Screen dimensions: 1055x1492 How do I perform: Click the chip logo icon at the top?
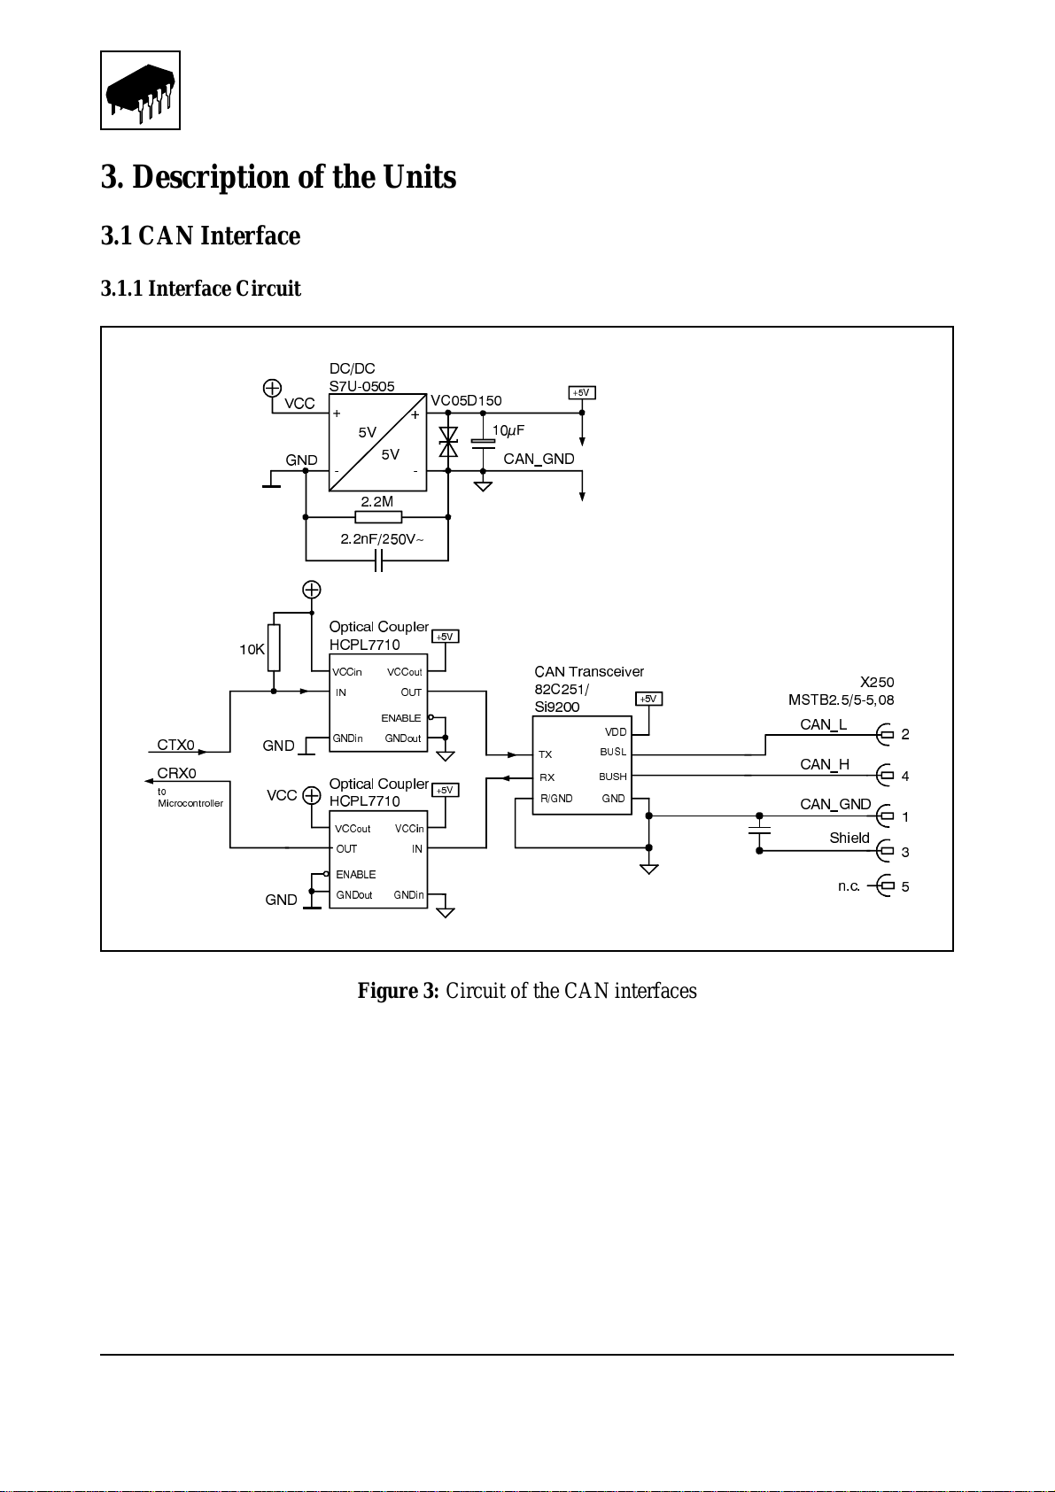140,90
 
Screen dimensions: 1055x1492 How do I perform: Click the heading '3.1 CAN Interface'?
200,236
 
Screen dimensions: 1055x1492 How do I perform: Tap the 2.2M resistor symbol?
378,517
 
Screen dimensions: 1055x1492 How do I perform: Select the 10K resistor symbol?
273,647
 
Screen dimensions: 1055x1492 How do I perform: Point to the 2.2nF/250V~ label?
382,539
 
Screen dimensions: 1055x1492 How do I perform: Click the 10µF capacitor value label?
508,431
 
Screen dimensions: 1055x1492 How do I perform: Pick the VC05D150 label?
466,400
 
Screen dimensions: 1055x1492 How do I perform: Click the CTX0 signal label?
176,744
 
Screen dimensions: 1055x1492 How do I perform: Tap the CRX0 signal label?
176,773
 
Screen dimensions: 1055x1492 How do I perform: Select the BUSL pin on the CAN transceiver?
613,752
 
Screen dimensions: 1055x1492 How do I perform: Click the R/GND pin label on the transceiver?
556,798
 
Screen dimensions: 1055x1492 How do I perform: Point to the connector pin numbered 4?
905,776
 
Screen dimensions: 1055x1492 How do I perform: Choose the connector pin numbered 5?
905,886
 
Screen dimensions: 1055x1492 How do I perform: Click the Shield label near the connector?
849,838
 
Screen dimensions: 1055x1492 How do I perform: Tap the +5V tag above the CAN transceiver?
648,699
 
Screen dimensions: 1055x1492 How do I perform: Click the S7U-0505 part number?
362,386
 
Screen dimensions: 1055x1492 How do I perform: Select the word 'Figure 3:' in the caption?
398,991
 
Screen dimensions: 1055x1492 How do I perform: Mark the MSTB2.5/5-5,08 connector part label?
841,700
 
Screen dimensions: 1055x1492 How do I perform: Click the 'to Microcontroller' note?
190,797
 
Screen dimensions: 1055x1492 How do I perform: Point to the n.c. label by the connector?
849,885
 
